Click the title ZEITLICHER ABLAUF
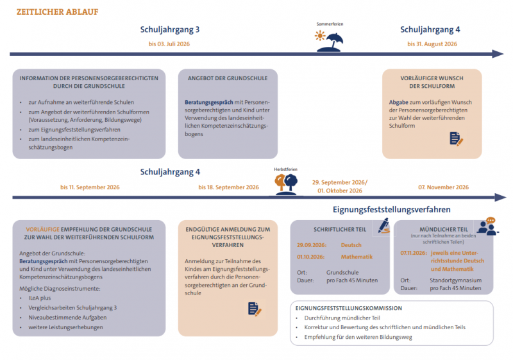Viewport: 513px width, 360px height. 57,12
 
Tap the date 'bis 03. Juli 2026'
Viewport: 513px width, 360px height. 169,44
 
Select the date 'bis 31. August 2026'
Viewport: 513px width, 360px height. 432,44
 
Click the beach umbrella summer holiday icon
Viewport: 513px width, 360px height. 330,42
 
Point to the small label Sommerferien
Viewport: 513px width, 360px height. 330,24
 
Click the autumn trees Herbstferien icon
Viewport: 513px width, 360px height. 286,184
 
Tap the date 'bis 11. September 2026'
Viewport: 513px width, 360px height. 90,187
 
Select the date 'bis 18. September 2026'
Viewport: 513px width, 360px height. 228,187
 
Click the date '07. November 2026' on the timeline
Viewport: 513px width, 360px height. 443,187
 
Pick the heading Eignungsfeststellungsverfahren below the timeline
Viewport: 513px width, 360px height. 392,209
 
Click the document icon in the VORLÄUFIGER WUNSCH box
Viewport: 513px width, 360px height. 456,139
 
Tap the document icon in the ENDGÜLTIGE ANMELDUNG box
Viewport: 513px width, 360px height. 255,309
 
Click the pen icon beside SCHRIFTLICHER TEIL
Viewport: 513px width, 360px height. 384,226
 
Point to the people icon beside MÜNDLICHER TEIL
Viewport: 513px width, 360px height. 488,227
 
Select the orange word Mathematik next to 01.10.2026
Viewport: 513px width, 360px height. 357,257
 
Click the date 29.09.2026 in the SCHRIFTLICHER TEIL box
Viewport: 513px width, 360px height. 312,245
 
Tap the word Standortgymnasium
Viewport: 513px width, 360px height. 456,280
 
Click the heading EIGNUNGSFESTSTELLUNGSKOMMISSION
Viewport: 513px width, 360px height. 348,308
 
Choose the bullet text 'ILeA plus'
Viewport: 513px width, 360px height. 40,298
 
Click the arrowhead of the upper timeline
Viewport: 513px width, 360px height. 498,54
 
